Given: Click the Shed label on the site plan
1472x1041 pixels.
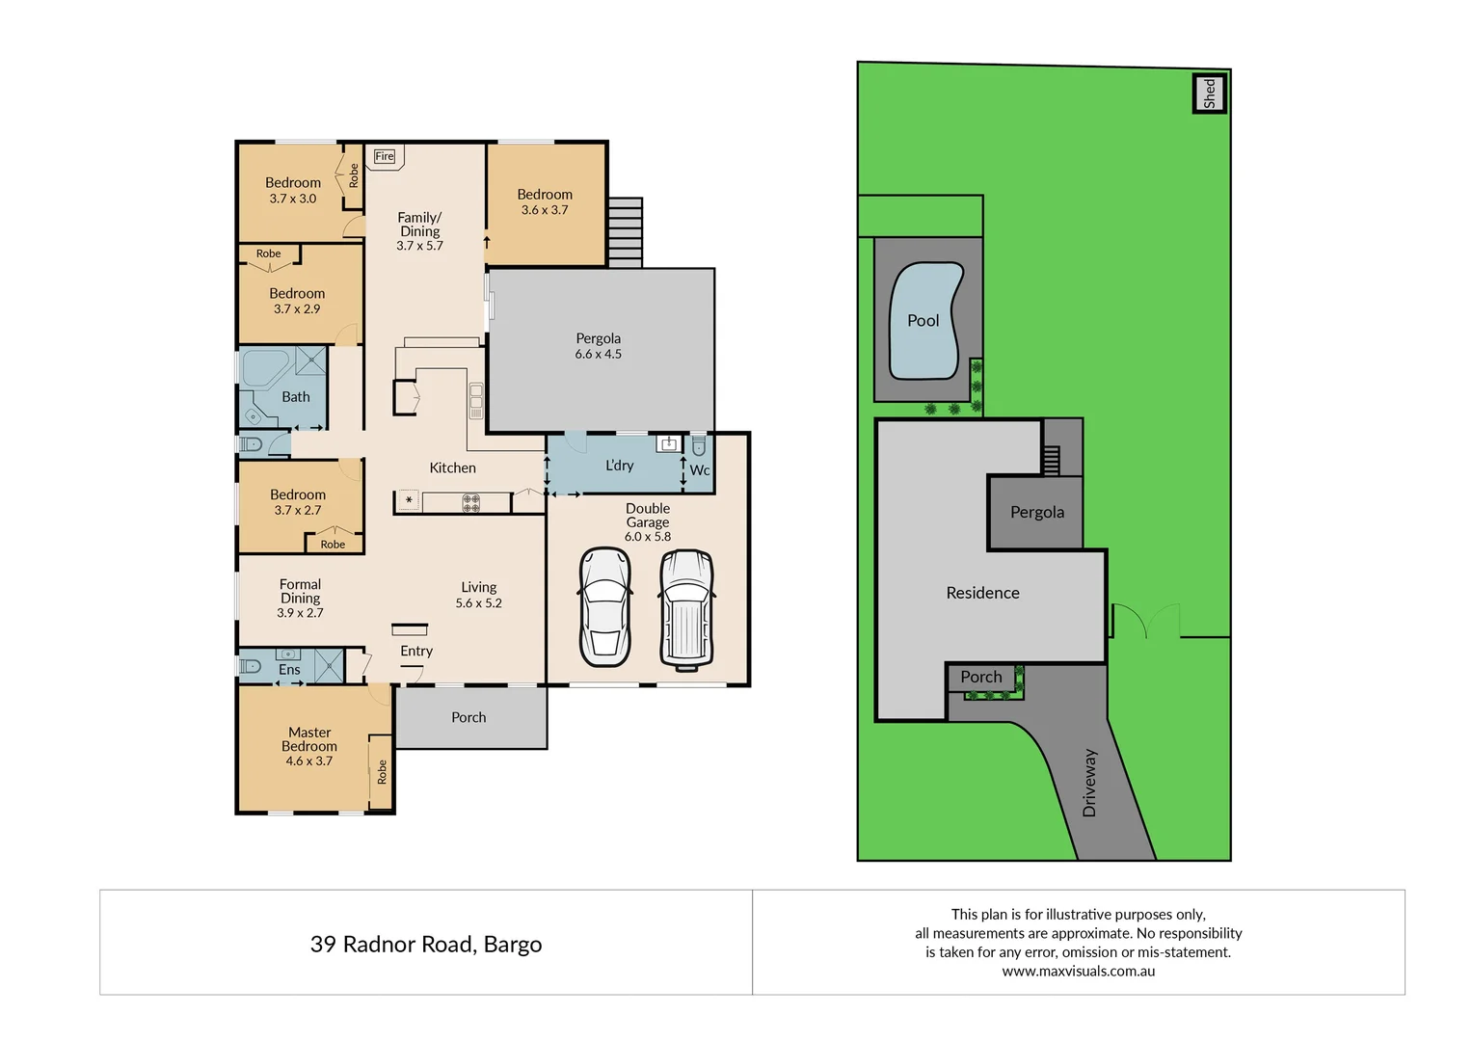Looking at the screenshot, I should point(1210,93).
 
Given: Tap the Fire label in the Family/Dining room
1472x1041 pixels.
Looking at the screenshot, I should point(385,156).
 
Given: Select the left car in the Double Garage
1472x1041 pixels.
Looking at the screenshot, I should point(604,607).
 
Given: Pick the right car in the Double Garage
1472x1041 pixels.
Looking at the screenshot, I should point(686,609).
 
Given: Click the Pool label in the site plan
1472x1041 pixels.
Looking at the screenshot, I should point(923,321).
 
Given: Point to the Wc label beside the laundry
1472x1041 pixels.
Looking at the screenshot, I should point(700,470).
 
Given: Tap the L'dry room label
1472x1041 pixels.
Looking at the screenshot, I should point(619,466).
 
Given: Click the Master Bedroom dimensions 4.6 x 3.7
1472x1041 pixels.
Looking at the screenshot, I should point(308,761).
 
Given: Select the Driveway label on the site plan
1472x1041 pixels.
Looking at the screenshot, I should point(1089,783).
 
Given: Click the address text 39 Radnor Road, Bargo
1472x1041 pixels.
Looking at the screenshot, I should point(426,944).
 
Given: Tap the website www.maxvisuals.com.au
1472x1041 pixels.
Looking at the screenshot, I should point(1078,972).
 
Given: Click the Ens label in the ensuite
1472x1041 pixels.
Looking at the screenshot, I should point(289,670).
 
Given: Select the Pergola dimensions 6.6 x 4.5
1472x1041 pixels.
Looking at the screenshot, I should point(598,355).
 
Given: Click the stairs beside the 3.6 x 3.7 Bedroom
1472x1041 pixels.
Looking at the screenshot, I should point(626,232).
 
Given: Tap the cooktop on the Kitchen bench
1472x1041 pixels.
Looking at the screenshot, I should point(470,502).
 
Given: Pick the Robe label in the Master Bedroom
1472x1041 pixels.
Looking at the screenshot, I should point(382,771).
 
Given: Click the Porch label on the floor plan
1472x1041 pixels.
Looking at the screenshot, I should point(468,717).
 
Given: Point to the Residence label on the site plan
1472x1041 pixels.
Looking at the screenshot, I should point(982,593).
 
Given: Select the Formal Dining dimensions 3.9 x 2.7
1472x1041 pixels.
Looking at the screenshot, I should point(300,613).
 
